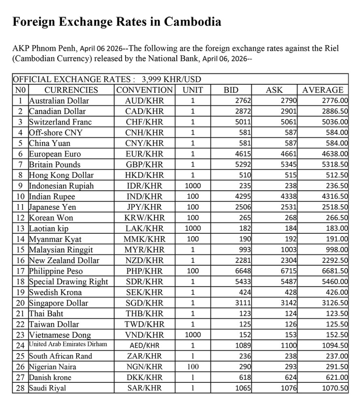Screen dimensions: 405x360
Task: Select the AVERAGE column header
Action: point(323,90)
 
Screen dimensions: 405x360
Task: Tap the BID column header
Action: point(231,90)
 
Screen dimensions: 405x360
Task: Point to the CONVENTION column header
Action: point(144,90)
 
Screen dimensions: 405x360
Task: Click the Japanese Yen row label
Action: point(52,207)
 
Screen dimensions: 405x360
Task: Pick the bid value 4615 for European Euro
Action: point(244,154)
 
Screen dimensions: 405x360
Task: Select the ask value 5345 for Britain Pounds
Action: point(289,164)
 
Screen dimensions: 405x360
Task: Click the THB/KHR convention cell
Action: point(144,313)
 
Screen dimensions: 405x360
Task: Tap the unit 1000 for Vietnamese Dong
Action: point(193,335)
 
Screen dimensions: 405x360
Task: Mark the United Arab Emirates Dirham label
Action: point(68,344)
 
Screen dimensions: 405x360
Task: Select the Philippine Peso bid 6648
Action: point(244,271)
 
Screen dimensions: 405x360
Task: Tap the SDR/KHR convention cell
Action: point(144,281)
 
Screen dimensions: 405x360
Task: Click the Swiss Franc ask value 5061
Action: point(289,122)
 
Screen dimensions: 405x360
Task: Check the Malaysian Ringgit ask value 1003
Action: point(289,249)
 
